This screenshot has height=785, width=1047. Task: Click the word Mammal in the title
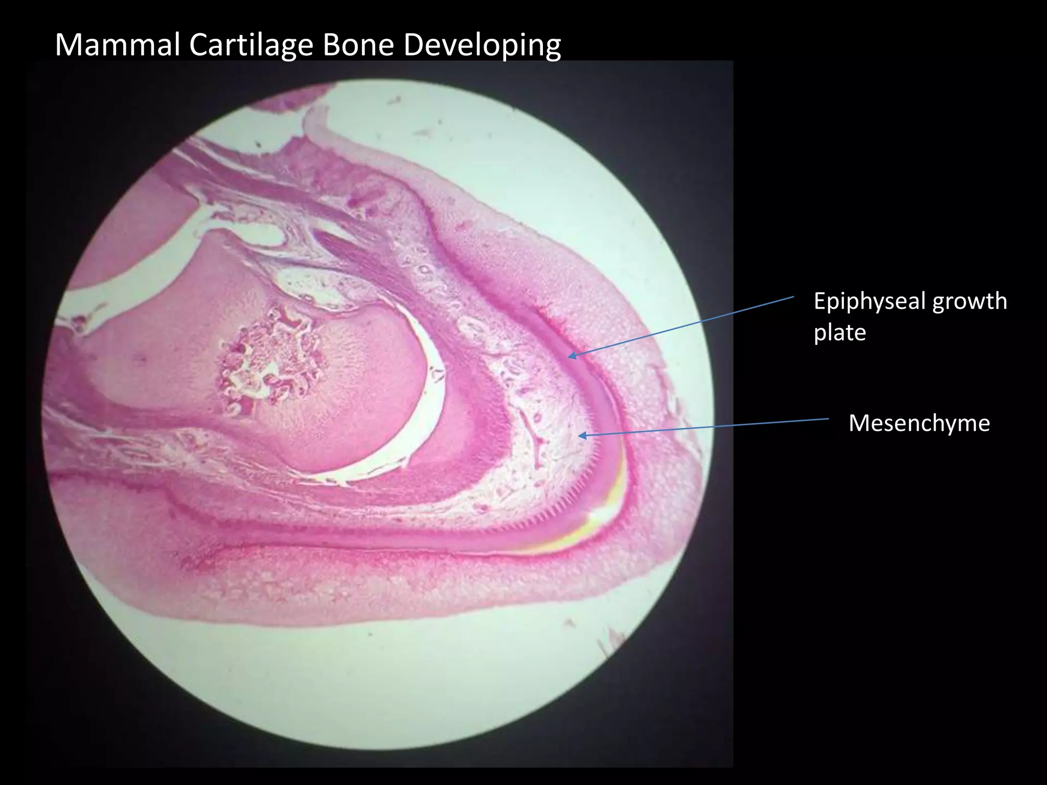pos(117,45)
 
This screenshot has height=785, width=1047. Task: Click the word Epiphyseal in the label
pos(869,302)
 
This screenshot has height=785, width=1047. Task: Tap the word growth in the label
pos(969,302)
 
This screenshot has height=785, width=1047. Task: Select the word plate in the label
pos(839,333)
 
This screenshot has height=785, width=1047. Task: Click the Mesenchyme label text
pos(919,423)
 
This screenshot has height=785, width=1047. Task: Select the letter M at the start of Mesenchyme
pos(858,423)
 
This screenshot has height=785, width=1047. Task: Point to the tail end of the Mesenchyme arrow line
pos(828,419)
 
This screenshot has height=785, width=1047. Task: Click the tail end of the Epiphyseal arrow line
pos(793,296)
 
